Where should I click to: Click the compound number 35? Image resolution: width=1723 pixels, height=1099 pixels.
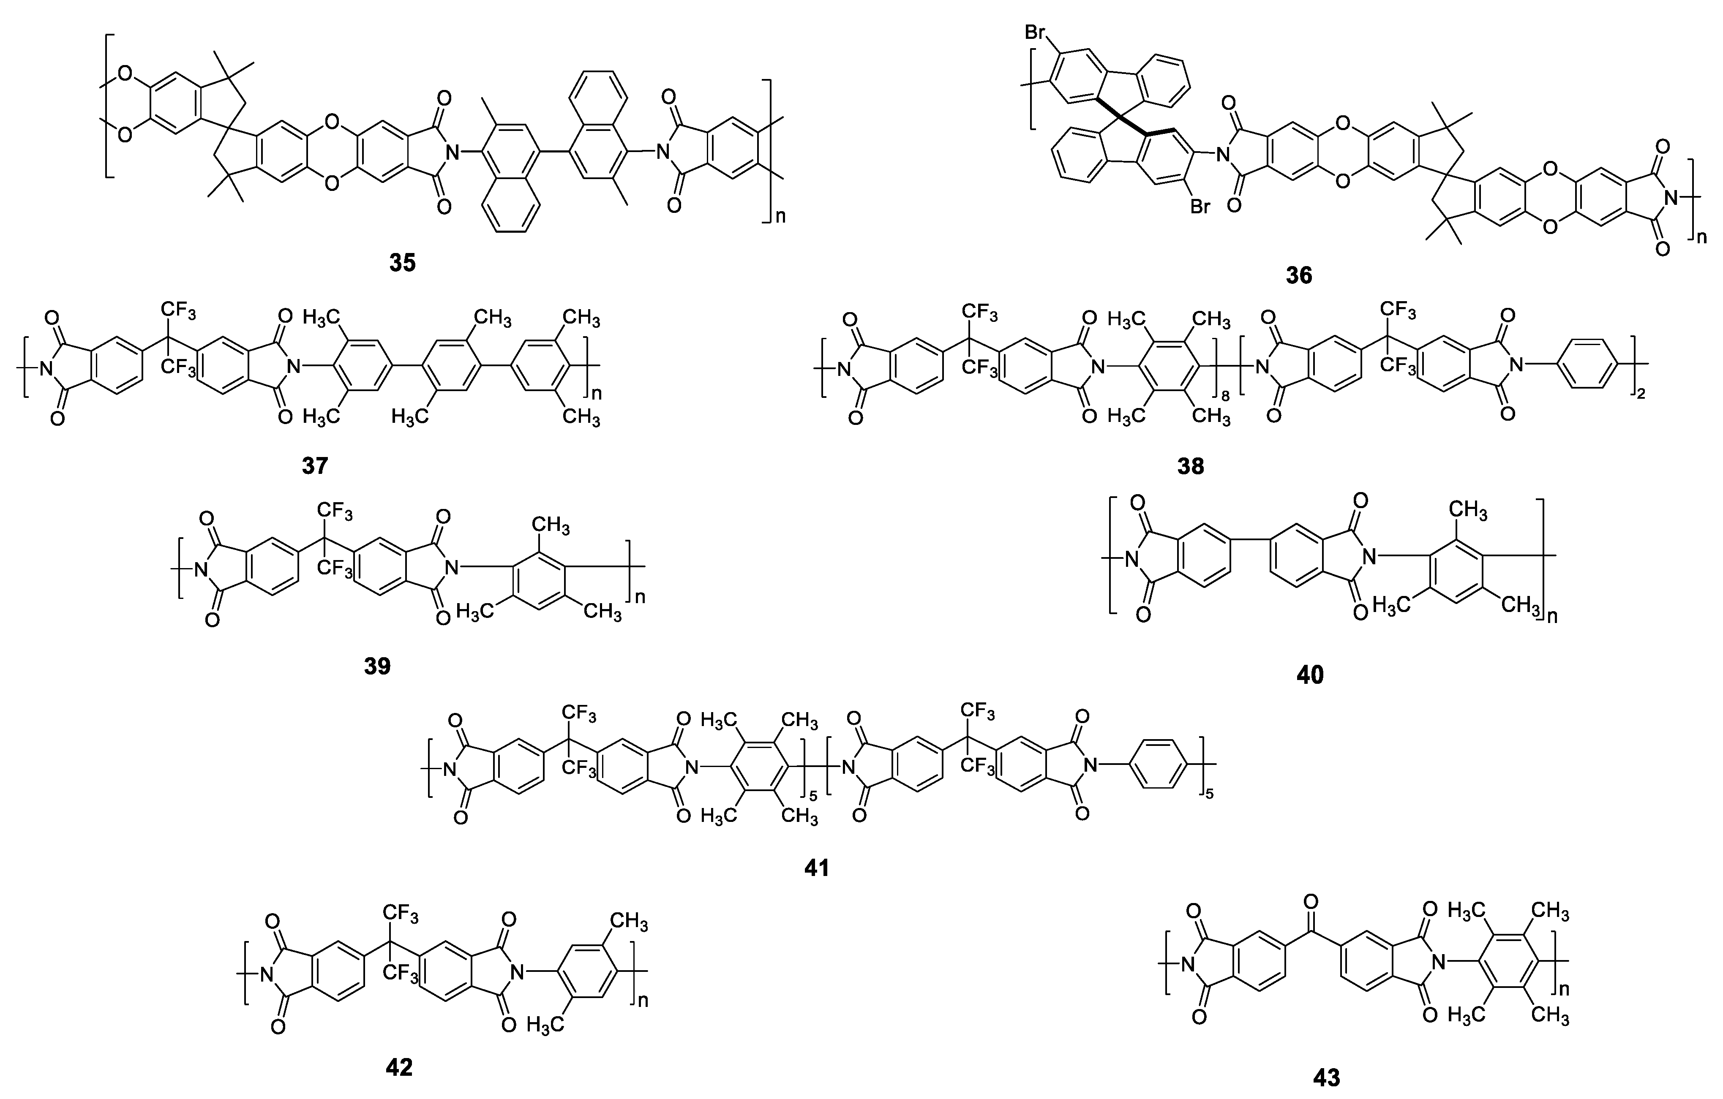[x=402, y=263]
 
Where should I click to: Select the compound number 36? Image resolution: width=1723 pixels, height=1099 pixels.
[x=1299, y=275]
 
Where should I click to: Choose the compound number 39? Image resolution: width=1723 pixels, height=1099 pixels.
[x=377, y=666]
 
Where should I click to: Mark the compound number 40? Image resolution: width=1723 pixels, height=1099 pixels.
[x=1310, y=675]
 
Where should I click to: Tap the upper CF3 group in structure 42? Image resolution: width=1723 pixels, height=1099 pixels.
[x=401, y=913]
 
